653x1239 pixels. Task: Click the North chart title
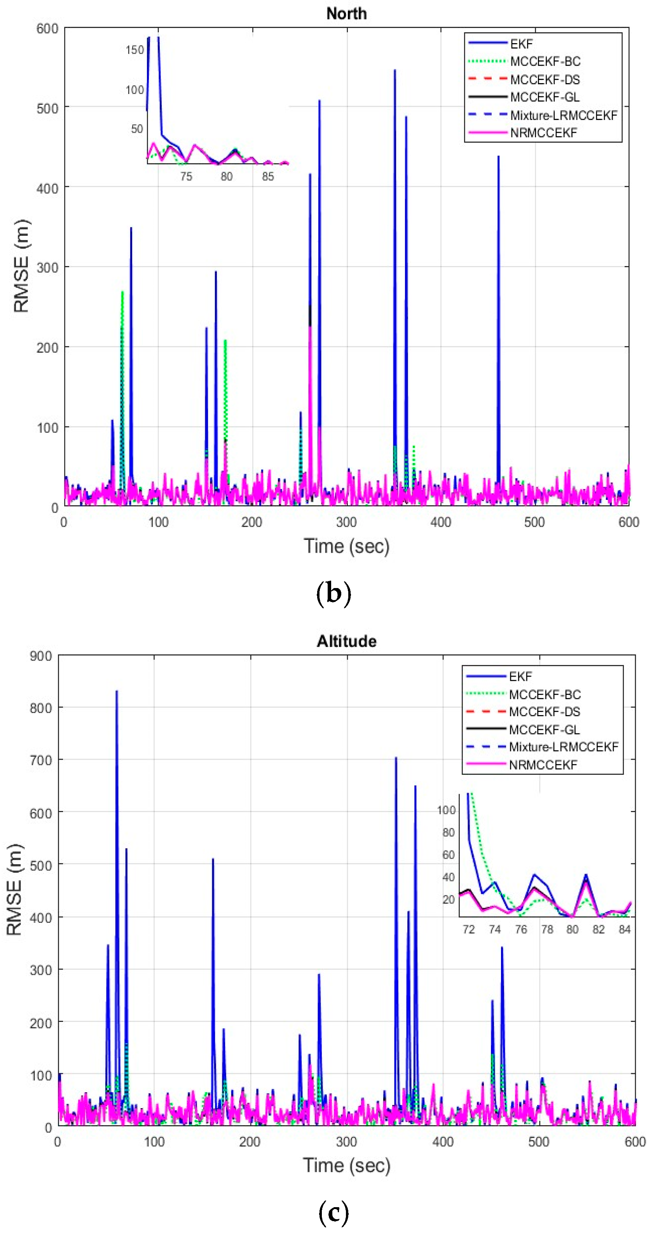click(x=346, y=14)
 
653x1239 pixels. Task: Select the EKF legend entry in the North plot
click(x=521, y=44)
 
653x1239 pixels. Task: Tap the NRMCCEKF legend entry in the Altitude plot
click(x=542, y=764)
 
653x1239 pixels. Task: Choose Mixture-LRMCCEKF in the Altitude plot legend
click(x=563, y=747)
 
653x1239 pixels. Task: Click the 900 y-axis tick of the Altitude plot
click(x=41, y=656)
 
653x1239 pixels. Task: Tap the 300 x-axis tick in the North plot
click(x=346, y=522)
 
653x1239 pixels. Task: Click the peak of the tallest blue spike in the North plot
click(x=395, y=71)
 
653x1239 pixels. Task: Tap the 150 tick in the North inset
click(x=135, y=50)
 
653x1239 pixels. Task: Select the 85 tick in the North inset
click(x=267, y=176)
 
